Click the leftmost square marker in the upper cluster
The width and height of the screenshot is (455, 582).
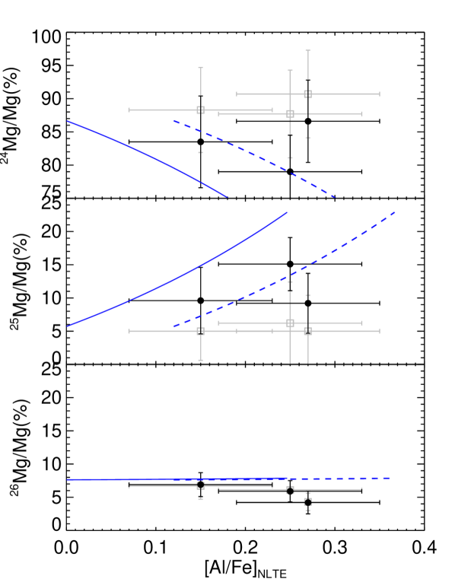click(x=200, y=110)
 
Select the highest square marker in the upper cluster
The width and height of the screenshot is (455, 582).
click(x=307, y=94)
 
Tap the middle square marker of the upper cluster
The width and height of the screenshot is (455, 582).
click(x=290, y=114)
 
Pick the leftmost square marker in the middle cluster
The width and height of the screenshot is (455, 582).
click(x=200, y=332)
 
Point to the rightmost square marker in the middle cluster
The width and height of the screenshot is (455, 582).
click(x=307, y=332)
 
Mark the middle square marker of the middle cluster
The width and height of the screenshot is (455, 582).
click(x=290, y=323)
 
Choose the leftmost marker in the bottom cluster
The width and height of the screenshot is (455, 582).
click(x=200, y=485)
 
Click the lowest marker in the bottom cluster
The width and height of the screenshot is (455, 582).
click(x=307, y=501)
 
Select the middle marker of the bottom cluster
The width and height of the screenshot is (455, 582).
click(x=290, y=490)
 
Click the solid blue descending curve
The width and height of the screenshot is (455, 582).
click(x=145, y=154)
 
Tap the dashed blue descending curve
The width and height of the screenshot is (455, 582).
click(x=259, y=157)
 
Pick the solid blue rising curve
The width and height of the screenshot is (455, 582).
click(x=175, y=278)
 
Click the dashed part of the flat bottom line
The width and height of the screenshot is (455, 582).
click(x=342, y=479)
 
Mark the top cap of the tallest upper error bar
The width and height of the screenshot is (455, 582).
click(x=307, y=51)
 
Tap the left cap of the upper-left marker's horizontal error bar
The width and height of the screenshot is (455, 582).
click(x=129, y=110)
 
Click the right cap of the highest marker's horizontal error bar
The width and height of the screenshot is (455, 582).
click(x=379, y=94)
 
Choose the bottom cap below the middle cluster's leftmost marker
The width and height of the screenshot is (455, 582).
click(x=200, y=360)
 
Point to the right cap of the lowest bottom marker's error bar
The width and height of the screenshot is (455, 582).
click(x=379, y=501)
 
